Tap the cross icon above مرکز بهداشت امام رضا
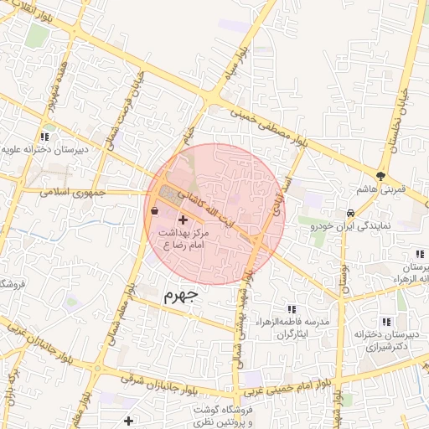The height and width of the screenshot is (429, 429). click(x=183, y=220)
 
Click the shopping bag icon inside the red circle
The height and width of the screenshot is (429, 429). click(x=156, y=211)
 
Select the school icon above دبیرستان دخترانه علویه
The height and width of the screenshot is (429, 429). click(x=44, y=136)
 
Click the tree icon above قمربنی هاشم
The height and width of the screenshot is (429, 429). click(x=382, y=176)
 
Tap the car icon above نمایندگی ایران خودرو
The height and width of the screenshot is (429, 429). click(x=350, y=213)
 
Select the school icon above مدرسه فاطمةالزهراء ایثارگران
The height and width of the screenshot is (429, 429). click(x=292, y=309)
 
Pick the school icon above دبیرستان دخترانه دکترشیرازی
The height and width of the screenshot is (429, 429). click(x=385, y=321)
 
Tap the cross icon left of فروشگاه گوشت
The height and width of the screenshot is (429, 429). click(x=127, y=421)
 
